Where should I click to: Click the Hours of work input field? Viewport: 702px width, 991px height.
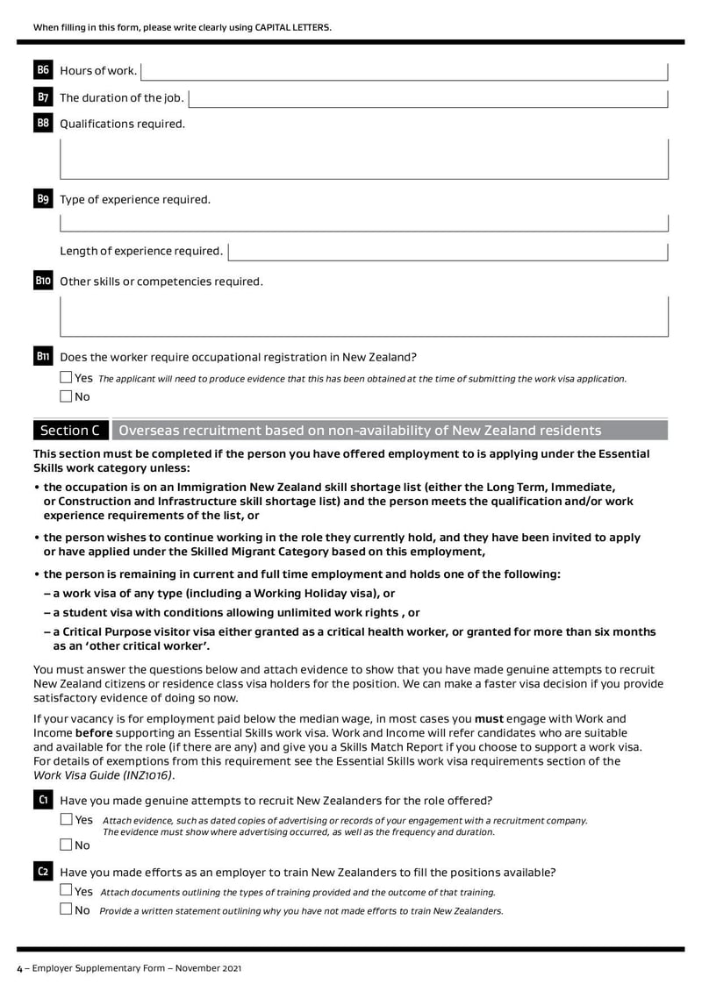(x=404, y=71)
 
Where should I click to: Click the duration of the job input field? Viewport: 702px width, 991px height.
(x=428, y=97)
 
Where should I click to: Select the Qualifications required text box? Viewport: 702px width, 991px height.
(x=363, y=159)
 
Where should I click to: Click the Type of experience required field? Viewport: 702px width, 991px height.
(x=363, y=223)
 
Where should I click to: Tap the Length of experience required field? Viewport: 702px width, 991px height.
(x=448, y=252)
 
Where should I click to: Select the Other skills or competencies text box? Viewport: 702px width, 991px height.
(x=363, y=316)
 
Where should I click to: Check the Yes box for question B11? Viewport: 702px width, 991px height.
(x=67, y=378)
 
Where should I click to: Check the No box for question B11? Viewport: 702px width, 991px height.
(x=67, y=396)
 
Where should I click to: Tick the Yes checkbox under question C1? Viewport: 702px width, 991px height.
(x=67, y=819)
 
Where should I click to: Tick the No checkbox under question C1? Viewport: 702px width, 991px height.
(x=67, y=845)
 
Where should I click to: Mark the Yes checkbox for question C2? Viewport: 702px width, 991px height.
(x=67, y=890)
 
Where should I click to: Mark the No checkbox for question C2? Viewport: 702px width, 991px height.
(x=67, y=909)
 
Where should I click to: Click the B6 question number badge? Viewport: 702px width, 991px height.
(x=43, y=70)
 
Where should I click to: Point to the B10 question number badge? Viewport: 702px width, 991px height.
(x=43, y=282)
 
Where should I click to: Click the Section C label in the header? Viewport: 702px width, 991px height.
(x=70, y=431)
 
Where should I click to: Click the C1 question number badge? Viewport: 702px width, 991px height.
(x=43, y=800)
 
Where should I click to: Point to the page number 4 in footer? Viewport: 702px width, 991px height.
(x=19, y=968)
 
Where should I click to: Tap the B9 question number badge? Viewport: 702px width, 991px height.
(x=43, y=199)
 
